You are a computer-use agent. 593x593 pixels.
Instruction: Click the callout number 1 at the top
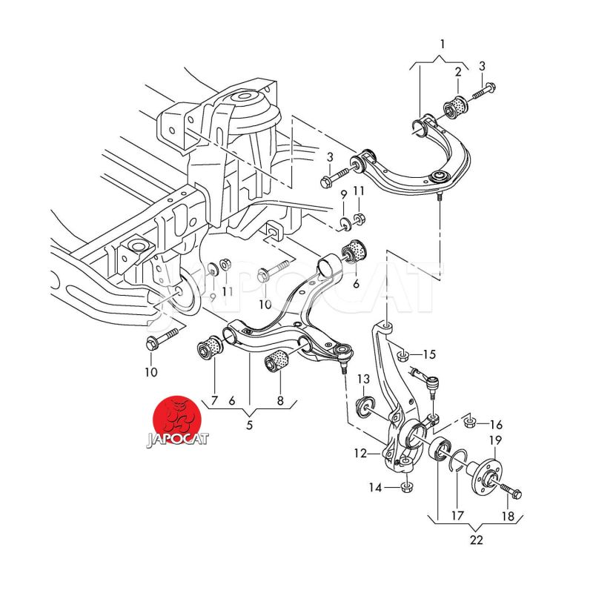click(x=443, y=45)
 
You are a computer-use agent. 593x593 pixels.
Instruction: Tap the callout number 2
click(x=458, y=72)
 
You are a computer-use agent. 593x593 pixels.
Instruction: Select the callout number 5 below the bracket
click(x=250, y=425)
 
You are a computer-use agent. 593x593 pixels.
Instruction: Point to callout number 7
click(x=213, y=401)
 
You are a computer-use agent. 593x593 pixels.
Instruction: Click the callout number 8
click(x=280, y=401)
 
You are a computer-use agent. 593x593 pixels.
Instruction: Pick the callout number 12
click(x=360, y=453)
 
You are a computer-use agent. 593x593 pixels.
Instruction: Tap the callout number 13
click(x=363, y=380)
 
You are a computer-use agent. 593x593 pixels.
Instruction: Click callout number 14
click(x=377, y=488)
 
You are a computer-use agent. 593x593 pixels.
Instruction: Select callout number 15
click(x=429, y=354)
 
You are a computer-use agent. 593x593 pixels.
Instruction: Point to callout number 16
click(x=496, y=424)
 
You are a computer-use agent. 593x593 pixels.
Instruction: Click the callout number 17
click(x=457, y=515)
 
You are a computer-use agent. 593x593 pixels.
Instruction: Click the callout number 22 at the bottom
click(x=476, y=540)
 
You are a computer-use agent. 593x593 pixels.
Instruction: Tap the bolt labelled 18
click(x=509, y=491)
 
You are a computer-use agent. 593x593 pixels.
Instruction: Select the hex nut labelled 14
click(x=405, y=487)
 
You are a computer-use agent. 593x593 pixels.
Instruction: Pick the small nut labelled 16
click(x=470, y=423)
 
